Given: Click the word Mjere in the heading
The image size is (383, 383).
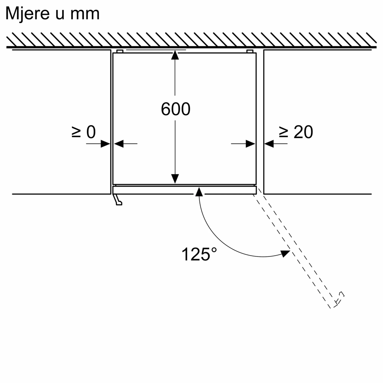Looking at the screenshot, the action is pos(28,14).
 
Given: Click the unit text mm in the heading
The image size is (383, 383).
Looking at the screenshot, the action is pos(85,14).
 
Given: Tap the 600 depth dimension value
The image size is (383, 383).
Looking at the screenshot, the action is pos(176,109).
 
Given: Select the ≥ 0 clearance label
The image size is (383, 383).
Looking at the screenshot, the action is pos(84,132).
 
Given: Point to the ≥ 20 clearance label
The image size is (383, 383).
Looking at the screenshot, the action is pos(296,132).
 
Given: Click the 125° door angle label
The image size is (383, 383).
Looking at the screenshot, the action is pos(199,254).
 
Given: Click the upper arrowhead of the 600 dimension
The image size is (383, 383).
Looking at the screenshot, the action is pos(175,55).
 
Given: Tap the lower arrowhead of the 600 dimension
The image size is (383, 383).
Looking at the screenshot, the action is pos(175,179).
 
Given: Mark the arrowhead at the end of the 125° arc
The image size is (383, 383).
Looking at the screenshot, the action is pos(285,253).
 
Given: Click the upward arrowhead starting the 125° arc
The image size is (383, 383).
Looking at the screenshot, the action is pos(199,192).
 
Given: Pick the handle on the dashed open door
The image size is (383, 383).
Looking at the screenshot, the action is pos(339,299).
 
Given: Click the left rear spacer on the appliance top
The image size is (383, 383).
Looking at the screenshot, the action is pos(120,51).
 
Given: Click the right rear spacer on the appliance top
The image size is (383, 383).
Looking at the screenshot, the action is pos(250,51).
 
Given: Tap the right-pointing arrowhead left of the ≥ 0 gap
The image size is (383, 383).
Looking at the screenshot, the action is pos(106,144).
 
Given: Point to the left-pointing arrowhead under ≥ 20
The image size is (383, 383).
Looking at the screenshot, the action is pos(269,144).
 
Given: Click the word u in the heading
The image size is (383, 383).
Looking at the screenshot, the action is pos(60,14).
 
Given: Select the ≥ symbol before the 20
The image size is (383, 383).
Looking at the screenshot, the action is pos(283,132).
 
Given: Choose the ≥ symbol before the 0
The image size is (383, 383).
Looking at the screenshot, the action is pos(76,132).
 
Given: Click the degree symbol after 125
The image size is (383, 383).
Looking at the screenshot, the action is pos(214,250).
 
